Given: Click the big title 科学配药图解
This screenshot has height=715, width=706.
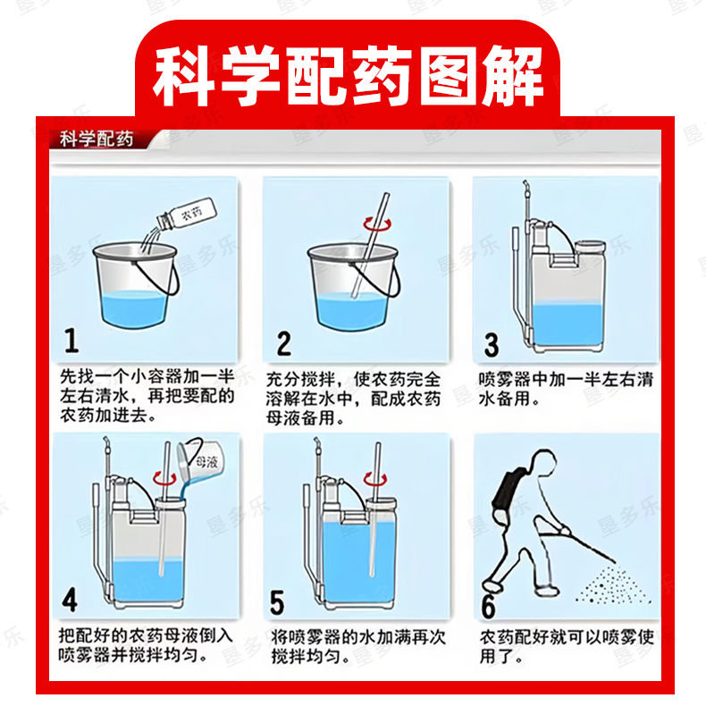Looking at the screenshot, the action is [348, 76].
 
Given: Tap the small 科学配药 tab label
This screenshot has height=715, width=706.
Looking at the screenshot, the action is [97, 139].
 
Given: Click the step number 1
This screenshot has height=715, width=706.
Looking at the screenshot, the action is [71, 341].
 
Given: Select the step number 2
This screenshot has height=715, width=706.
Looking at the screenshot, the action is [283, 343].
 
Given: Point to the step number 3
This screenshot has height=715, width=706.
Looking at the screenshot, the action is [492, 345].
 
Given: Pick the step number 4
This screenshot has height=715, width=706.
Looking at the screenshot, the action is [70, 600].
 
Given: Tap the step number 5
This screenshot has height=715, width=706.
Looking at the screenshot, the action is [277, 602].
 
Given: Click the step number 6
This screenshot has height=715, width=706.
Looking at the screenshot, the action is [489, 607].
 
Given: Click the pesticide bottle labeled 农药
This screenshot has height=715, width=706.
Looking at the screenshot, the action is [187, 214].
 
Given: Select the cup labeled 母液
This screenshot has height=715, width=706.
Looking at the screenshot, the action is [201, 460].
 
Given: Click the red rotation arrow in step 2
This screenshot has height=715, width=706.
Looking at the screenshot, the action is [377, 223].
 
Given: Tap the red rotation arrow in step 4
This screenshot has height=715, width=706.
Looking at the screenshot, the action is [164, 478].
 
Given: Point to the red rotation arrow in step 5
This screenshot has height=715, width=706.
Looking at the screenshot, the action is [374, 479].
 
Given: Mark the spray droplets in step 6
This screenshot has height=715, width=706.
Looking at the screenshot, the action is [612, 586].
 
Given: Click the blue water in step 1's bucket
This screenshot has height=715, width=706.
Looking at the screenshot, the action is [134, 309].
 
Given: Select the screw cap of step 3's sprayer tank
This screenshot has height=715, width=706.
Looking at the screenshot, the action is [590, 247].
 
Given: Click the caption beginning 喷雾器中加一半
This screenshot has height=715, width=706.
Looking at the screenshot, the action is [566, 389].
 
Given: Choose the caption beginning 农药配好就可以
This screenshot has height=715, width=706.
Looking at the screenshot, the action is [567, 646].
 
